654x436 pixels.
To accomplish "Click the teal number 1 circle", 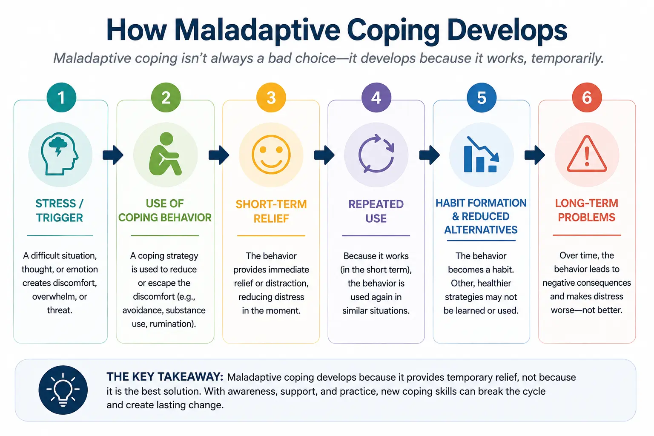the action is tap(61, 98).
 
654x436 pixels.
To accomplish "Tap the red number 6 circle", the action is tap(587, 98).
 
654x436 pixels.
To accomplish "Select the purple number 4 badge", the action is tap(376, 98).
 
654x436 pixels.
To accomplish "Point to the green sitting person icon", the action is tap(165, 154).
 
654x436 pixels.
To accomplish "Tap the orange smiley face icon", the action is tap(271, 155).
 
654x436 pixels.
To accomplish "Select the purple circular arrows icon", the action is tap(376, 154).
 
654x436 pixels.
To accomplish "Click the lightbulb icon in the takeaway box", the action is tap(63, 390).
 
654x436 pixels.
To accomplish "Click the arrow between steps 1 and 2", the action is tap(113, 155).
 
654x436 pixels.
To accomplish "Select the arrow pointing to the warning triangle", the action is tap(535, 155).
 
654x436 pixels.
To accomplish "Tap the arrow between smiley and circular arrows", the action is tap(324, 155).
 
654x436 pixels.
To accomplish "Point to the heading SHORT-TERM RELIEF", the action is tap(271, 211).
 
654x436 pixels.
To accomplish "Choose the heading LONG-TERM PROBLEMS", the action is tap(587, 210).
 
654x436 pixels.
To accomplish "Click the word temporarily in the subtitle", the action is tap(567, 58).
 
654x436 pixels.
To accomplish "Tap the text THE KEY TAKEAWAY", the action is tap(165, 377).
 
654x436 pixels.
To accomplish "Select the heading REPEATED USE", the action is tap(376, 211).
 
